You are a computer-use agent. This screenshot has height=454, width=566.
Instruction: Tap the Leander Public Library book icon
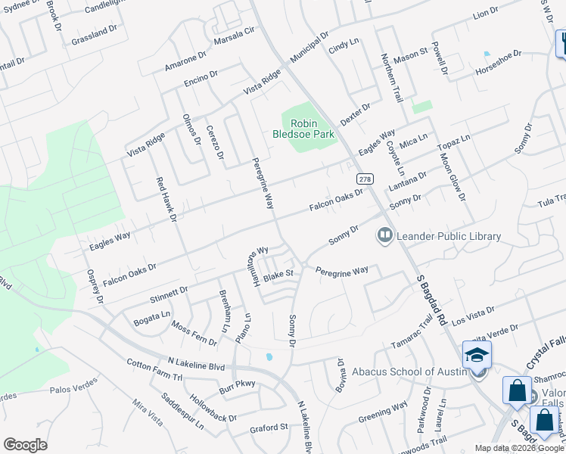385,236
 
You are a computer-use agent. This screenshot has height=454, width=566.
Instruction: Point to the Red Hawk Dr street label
166,200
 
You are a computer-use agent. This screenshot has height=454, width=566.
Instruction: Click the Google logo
25,444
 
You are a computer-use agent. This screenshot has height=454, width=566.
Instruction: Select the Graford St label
269,428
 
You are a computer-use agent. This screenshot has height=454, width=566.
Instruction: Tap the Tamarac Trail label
412,332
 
